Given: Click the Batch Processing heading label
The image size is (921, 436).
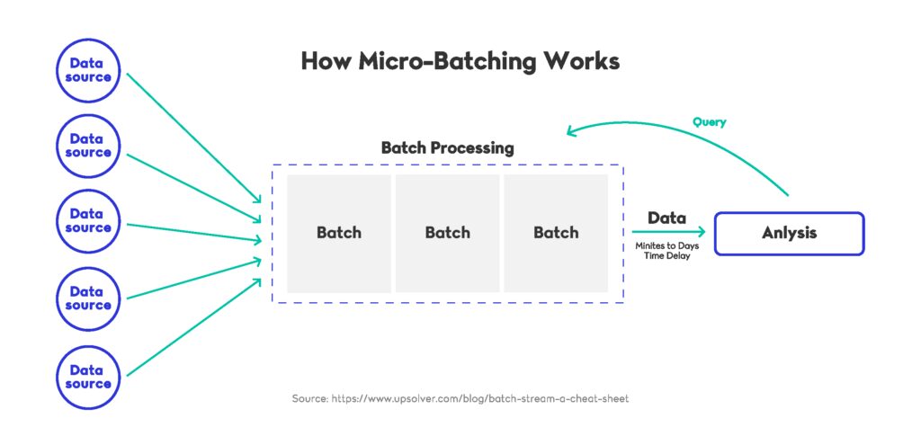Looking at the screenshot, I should pyautogui.click(x=447, y=148).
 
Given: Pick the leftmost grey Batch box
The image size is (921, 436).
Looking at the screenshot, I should pyautogui.click(x=339, y=233).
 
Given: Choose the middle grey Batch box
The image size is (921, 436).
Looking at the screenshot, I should pyautogui.click(x=447, y=233).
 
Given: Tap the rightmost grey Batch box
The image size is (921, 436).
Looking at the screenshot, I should pyautogui.click(x=556, y=233).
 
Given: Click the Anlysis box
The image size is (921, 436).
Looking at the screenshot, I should pyautogui.click(x=789, y=233).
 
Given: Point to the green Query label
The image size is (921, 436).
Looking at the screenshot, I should pyautogui.click(x=710, y=121).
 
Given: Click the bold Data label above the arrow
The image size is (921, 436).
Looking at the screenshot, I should pyautogui.click(x=666, y=218).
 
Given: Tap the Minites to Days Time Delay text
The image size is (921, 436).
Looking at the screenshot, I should pyautogui.click(x=666, y=251).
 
